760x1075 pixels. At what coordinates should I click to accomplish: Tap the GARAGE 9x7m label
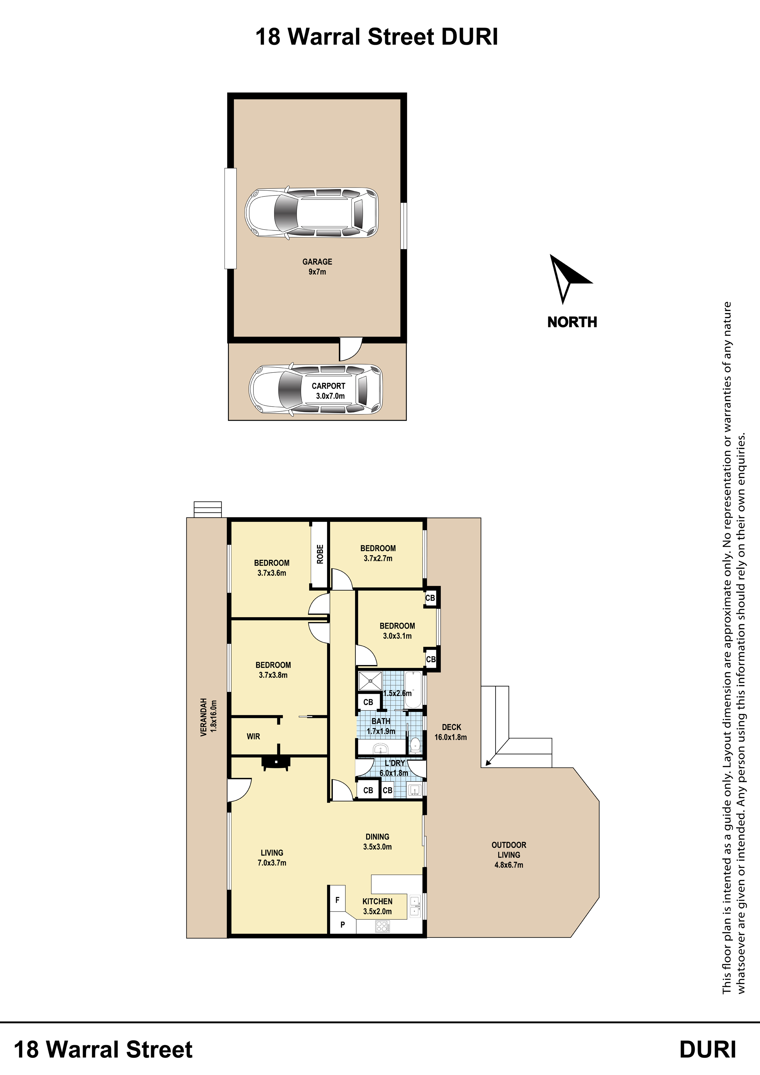(317, 266)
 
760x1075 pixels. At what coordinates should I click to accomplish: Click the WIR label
(253, 736)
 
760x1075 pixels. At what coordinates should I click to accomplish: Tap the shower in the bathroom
(370, 681)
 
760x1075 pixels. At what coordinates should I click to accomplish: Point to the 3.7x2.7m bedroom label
(378, 553)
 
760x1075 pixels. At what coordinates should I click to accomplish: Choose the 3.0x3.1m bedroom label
(397, 631)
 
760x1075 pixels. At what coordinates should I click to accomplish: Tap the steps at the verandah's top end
(207, 509)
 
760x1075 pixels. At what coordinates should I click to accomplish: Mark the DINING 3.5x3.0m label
(378, 841)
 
